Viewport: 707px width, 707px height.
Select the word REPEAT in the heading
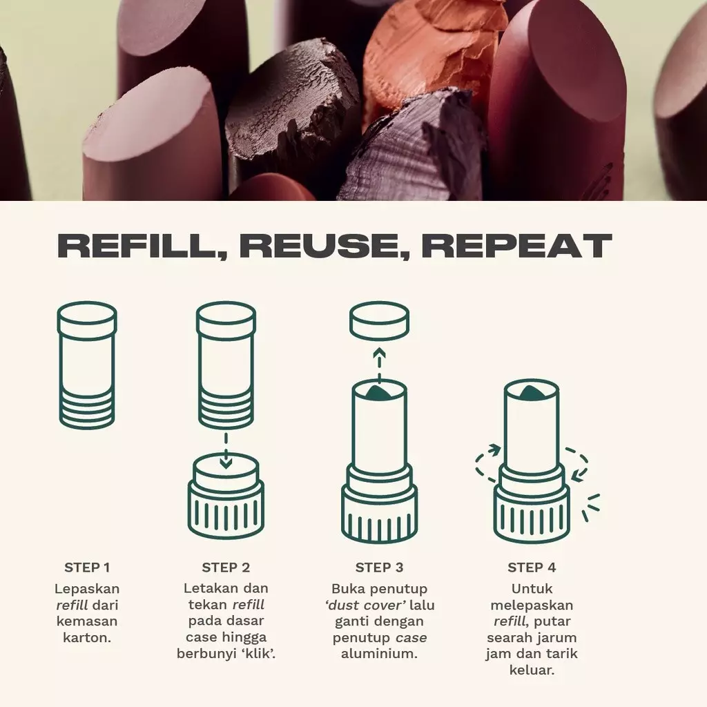[516, 246]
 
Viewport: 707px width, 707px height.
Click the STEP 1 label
[87, 568]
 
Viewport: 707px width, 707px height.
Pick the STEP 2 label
[226, 568]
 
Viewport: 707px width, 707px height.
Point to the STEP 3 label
[379, 568]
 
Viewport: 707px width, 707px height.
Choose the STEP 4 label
[532, 568]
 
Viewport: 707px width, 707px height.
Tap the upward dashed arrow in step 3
[378, 363]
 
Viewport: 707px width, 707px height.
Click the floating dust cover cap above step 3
[379, 322]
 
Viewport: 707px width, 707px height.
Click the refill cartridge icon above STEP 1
[87, 365]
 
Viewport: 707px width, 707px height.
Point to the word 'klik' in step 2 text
[258, 653]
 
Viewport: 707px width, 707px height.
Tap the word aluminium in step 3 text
[379, 653]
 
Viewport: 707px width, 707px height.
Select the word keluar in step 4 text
[532, 670]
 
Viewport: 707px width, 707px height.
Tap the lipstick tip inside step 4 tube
[531, 393]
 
